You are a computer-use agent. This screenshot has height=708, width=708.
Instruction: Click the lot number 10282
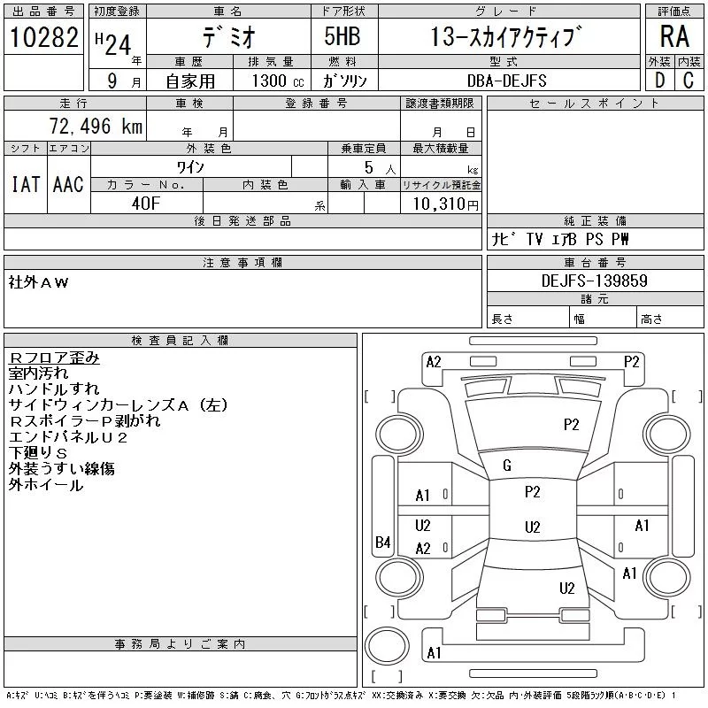point(43,37)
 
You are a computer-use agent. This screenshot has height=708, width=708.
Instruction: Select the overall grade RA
point(674,36)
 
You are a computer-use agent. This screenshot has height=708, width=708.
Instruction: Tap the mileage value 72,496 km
point(96,126)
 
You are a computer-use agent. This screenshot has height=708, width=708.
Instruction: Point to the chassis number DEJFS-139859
point(594,281)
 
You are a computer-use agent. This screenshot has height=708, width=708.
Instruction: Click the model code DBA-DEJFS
point(506,81)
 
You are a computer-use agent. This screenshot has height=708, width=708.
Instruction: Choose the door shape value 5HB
point(342,36)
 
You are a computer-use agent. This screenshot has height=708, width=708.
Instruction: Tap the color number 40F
point(146,204)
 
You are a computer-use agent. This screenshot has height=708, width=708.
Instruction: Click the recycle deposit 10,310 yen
point(446,204)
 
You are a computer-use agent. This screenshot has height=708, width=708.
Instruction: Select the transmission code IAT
point(26,184)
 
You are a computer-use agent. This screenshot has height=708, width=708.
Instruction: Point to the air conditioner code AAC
point(68,184)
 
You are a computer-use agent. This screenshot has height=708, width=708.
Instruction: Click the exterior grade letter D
point(659,81)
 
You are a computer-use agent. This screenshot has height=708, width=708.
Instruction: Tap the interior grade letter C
point(689,81)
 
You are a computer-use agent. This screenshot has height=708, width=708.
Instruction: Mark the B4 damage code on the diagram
point(383,542)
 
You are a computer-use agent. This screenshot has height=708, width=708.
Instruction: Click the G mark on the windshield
point(507,466)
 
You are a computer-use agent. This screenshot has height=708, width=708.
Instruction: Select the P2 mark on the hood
point(571,425)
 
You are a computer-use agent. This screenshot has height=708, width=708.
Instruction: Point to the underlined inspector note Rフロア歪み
point(54,358)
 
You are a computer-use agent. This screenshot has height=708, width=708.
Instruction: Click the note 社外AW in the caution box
point(38,282)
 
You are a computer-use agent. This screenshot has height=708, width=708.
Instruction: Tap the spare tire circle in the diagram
point(387,646)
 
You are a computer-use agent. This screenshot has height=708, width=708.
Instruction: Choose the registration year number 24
point(118,45)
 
